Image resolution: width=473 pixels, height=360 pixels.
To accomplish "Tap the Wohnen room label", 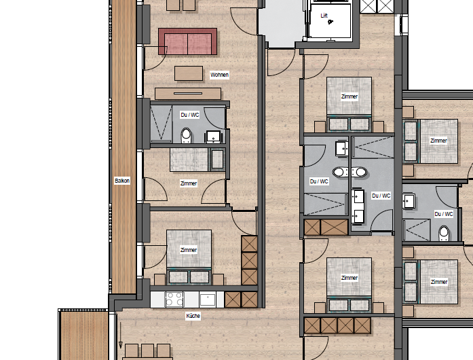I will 219,75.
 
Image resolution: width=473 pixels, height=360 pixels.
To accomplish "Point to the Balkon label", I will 122,181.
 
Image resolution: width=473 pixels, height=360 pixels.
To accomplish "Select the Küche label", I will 193,316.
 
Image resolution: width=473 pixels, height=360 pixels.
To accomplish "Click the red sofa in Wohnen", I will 187,42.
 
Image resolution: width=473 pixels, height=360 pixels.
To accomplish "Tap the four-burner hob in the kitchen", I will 174,299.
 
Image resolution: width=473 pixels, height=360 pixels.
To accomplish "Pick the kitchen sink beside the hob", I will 207,299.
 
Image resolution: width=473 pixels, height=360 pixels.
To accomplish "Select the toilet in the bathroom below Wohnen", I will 186,137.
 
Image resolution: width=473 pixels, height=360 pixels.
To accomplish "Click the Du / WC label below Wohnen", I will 190,115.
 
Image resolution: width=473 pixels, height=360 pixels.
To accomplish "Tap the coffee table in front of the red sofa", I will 189,72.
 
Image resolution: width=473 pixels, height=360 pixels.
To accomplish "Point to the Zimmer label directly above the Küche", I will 189,250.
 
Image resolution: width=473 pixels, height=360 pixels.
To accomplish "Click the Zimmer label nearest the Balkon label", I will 189,183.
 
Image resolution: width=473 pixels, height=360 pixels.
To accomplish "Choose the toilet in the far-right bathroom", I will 444,233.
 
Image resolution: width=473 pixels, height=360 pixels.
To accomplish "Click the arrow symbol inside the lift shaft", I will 330,22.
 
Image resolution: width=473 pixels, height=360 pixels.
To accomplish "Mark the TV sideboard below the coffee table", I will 179,94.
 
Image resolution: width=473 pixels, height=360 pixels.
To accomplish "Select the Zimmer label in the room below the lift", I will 349,96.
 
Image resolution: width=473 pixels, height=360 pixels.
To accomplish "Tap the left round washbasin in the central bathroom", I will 339,172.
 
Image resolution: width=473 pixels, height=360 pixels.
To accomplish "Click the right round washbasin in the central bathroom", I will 360,172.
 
